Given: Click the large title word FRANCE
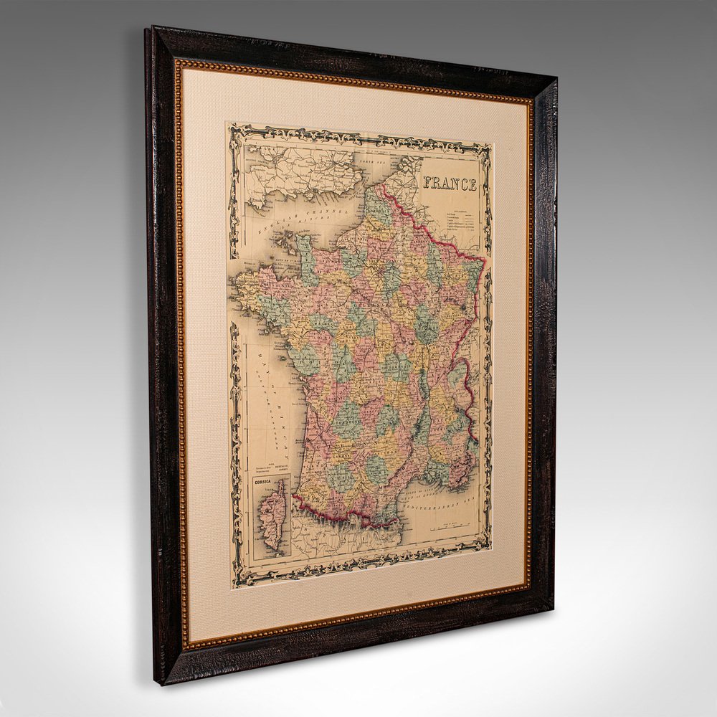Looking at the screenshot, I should (x=450, y=184).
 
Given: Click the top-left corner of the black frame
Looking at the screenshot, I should (x=148, y=30).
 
